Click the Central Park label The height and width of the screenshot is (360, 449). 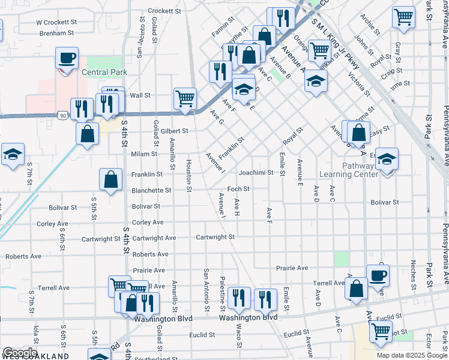click(x=104, y=73)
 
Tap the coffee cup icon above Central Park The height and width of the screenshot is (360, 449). click(x=67, y=58)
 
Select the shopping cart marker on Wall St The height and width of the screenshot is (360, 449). click(x=185, y=97)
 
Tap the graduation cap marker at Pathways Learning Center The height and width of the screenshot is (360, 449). click(x=387, y=160)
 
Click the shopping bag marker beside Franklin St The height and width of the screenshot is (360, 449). click(x=111, y=179)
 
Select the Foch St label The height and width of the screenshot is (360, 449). click(x=238, y=189)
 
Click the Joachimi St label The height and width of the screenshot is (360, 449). click(x=256, y=173)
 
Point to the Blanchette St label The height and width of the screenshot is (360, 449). click(x=151, y=190)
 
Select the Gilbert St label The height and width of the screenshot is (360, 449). click(x=174, y=131)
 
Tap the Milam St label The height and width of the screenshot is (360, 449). click(x=144, y=154)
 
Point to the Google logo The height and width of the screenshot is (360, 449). click(x=20, y=353)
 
